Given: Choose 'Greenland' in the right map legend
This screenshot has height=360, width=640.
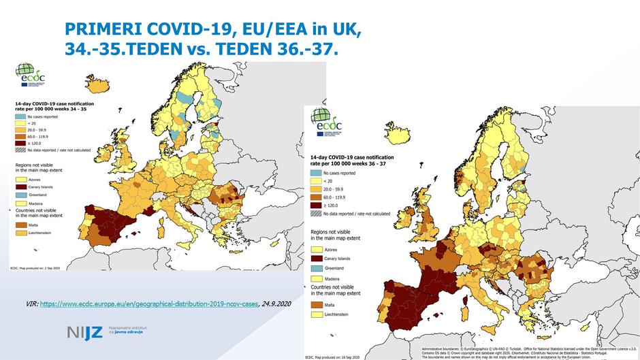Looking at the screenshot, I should point(344,268).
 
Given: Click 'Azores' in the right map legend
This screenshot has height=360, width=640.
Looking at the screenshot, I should point(340,249).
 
